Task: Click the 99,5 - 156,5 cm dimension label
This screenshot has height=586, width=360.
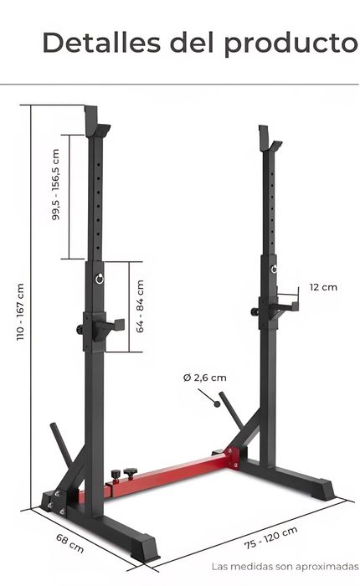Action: pyautogui.click(x=56, y=185)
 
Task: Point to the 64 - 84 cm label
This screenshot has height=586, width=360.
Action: pyautogui.click(x=140, y=306)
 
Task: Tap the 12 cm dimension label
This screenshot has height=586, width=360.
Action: pyautogui.click(x=323, y=287)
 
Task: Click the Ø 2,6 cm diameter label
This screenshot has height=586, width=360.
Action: pyautogui.click(x=204, y=378)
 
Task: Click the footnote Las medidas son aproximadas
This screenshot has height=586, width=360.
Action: pyautogui.click(x=285, y=567)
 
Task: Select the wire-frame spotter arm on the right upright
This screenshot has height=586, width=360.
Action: pyautogui.click(x=285, y=302)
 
